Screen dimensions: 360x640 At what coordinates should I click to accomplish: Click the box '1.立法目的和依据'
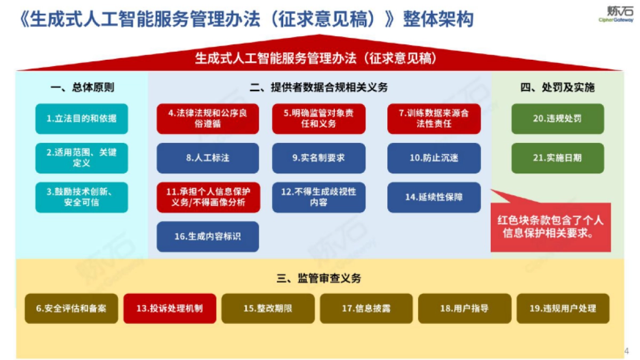coord(82,118)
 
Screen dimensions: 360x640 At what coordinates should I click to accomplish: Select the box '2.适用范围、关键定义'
coord(82,158)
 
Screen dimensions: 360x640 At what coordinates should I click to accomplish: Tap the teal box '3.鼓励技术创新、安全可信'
coord(82,197)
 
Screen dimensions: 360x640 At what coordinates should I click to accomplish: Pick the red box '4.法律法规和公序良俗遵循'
coord(207,118)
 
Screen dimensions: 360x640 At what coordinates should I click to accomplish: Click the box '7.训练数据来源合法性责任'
coord(434,118)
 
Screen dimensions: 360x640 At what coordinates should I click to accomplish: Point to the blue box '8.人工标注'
coord(207,158)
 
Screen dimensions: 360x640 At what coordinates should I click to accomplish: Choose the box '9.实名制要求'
coord(318,158)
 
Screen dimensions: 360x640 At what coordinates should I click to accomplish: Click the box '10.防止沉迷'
coord(434,158)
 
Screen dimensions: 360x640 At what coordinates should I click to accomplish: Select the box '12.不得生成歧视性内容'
coord(318,197)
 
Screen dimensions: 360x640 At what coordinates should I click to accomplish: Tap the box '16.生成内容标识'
coord(207,236)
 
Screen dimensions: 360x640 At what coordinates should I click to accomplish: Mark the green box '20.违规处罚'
coord(557,118)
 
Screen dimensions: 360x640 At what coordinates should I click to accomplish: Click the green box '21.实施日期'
coord(557,158)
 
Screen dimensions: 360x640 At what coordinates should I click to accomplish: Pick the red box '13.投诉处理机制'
coord(170,308)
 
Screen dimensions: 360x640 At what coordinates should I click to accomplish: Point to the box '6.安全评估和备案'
coord(71,308)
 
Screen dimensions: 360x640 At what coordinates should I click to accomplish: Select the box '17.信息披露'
coord(366,308)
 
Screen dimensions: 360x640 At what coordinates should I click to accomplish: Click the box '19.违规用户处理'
coord(563,308)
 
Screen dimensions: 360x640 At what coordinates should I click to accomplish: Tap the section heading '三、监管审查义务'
coord(319,278)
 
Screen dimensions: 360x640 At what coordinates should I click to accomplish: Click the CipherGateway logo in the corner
coord(615,13)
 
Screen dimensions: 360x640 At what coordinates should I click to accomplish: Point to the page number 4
coord(626,350)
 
